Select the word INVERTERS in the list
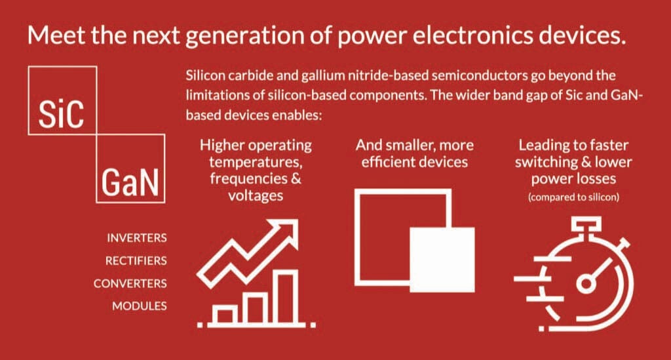[136, 237]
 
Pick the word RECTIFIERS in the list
[136, 260]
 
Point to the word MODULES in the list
[139, 306]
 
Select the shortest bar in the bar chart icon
[225, 315]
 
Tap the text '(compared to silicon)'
[573, 197]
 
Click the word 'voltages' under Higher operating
[256, 195]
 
